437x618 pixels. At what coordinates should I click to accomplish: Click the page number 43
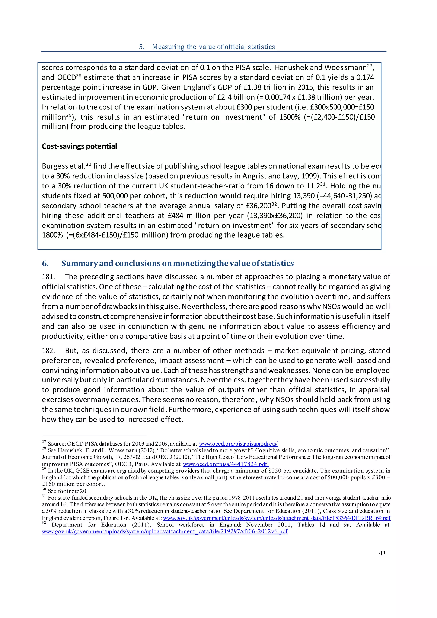382,553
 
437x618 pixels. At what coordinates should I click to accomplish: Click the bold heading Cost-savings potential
79,146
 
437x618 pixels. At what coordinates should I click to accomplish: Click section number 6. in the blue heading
45,263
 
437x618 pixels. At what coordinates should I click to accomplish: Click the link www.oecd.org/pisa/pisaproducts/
238,444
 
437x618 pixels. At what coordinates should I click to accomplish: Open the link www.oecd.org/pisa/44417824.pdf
226,464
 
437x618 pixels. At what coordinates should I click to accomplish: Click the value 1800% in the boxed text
52,235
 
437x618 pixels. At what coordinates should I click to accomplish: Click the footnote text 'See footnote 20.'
68,491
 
